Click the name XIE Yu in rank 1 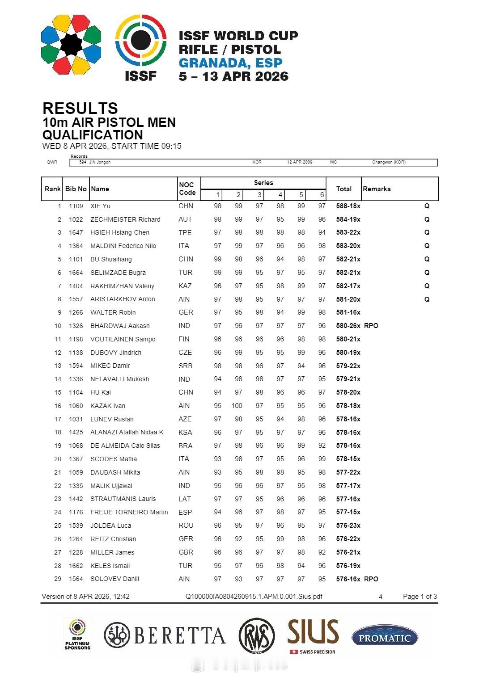coord(100,206)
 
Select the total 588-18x coord(348,206)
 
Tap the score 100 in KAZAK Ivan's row coord(237,406)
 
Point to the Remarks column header coord(377,189)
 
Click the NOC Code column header coord(187,189)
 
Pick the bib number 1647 coord(76,232)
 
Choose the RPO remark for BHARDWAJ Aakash coord(371,326)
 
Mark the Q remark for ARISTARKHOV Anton coord(427,299)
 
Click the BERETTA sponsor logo coord(165,635)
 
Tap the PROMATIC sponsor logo coord(384,637)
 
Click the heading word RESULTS coord(80,108)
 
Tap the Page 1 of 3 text coord(420,597)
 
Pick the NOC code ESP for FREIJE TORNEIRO coord(185,513)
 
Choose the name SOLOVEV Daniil coord(114,579)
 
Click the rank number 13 coord(58,366)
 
